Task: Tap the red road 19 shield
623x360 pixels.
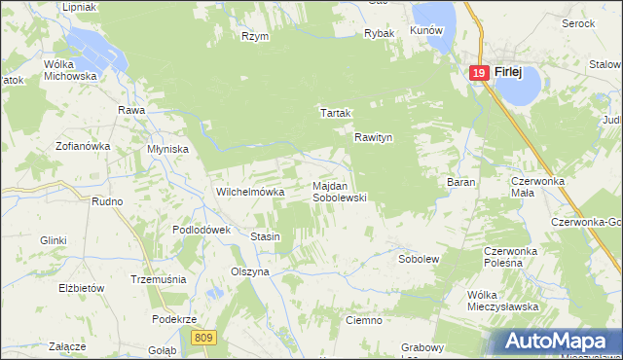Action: point(478,73)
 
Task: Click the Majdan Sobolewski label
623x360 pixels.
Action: point(338,191)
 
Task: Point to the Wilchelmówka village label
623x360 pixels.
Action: point(249,193)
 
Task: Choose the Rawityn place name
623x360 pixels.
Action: point(373,138)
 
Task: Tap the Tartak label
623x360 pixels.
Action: point(335,113)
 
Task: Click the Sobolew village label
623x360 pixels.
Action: point(420,260)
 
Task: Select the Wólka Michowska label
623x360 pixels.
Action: point(70,69)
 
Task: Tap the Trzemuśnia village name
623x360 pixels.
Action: point(158,279)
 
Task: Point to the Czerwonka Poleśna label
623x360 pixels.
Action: point(512,257)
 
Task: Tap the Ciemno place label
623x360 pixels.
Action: point(363,319)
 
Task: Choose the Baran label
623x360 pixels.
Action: point(460,182)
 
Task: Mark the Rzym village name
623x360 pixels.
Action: point(255,36)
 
